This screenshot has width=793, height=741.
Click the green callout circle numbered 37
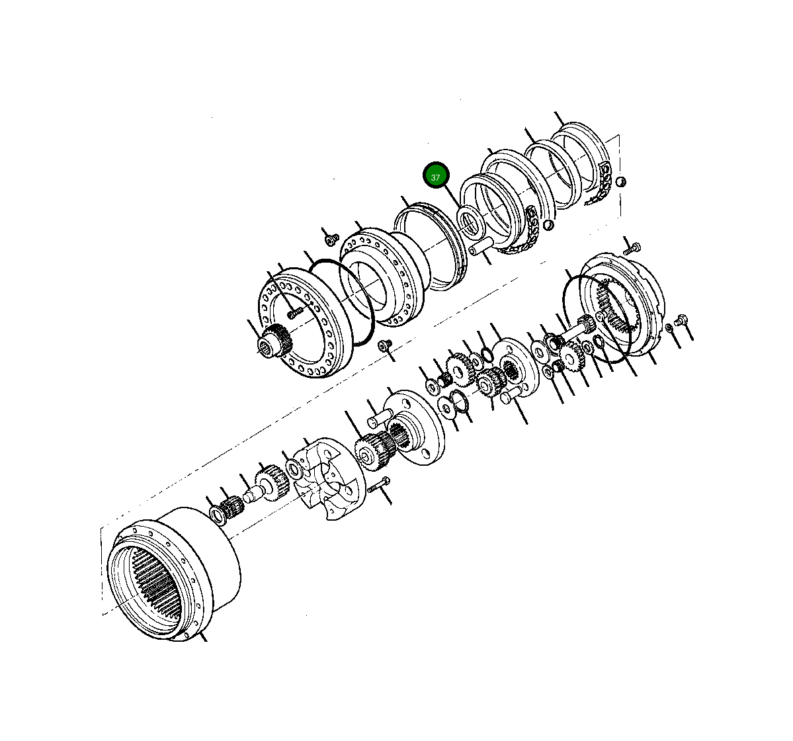click(x=436, y=176)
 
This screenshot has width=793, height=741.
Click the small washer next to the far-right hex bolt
click(x=669, y=328)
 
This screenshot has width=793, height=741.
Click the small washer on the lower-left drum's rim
click(x=216, y=513)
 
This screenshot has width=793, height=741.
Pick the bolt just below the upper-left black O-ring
click(x=384, y=345)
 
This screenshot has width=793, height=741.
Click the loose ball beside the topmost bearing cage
click(x=620, y=182)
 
